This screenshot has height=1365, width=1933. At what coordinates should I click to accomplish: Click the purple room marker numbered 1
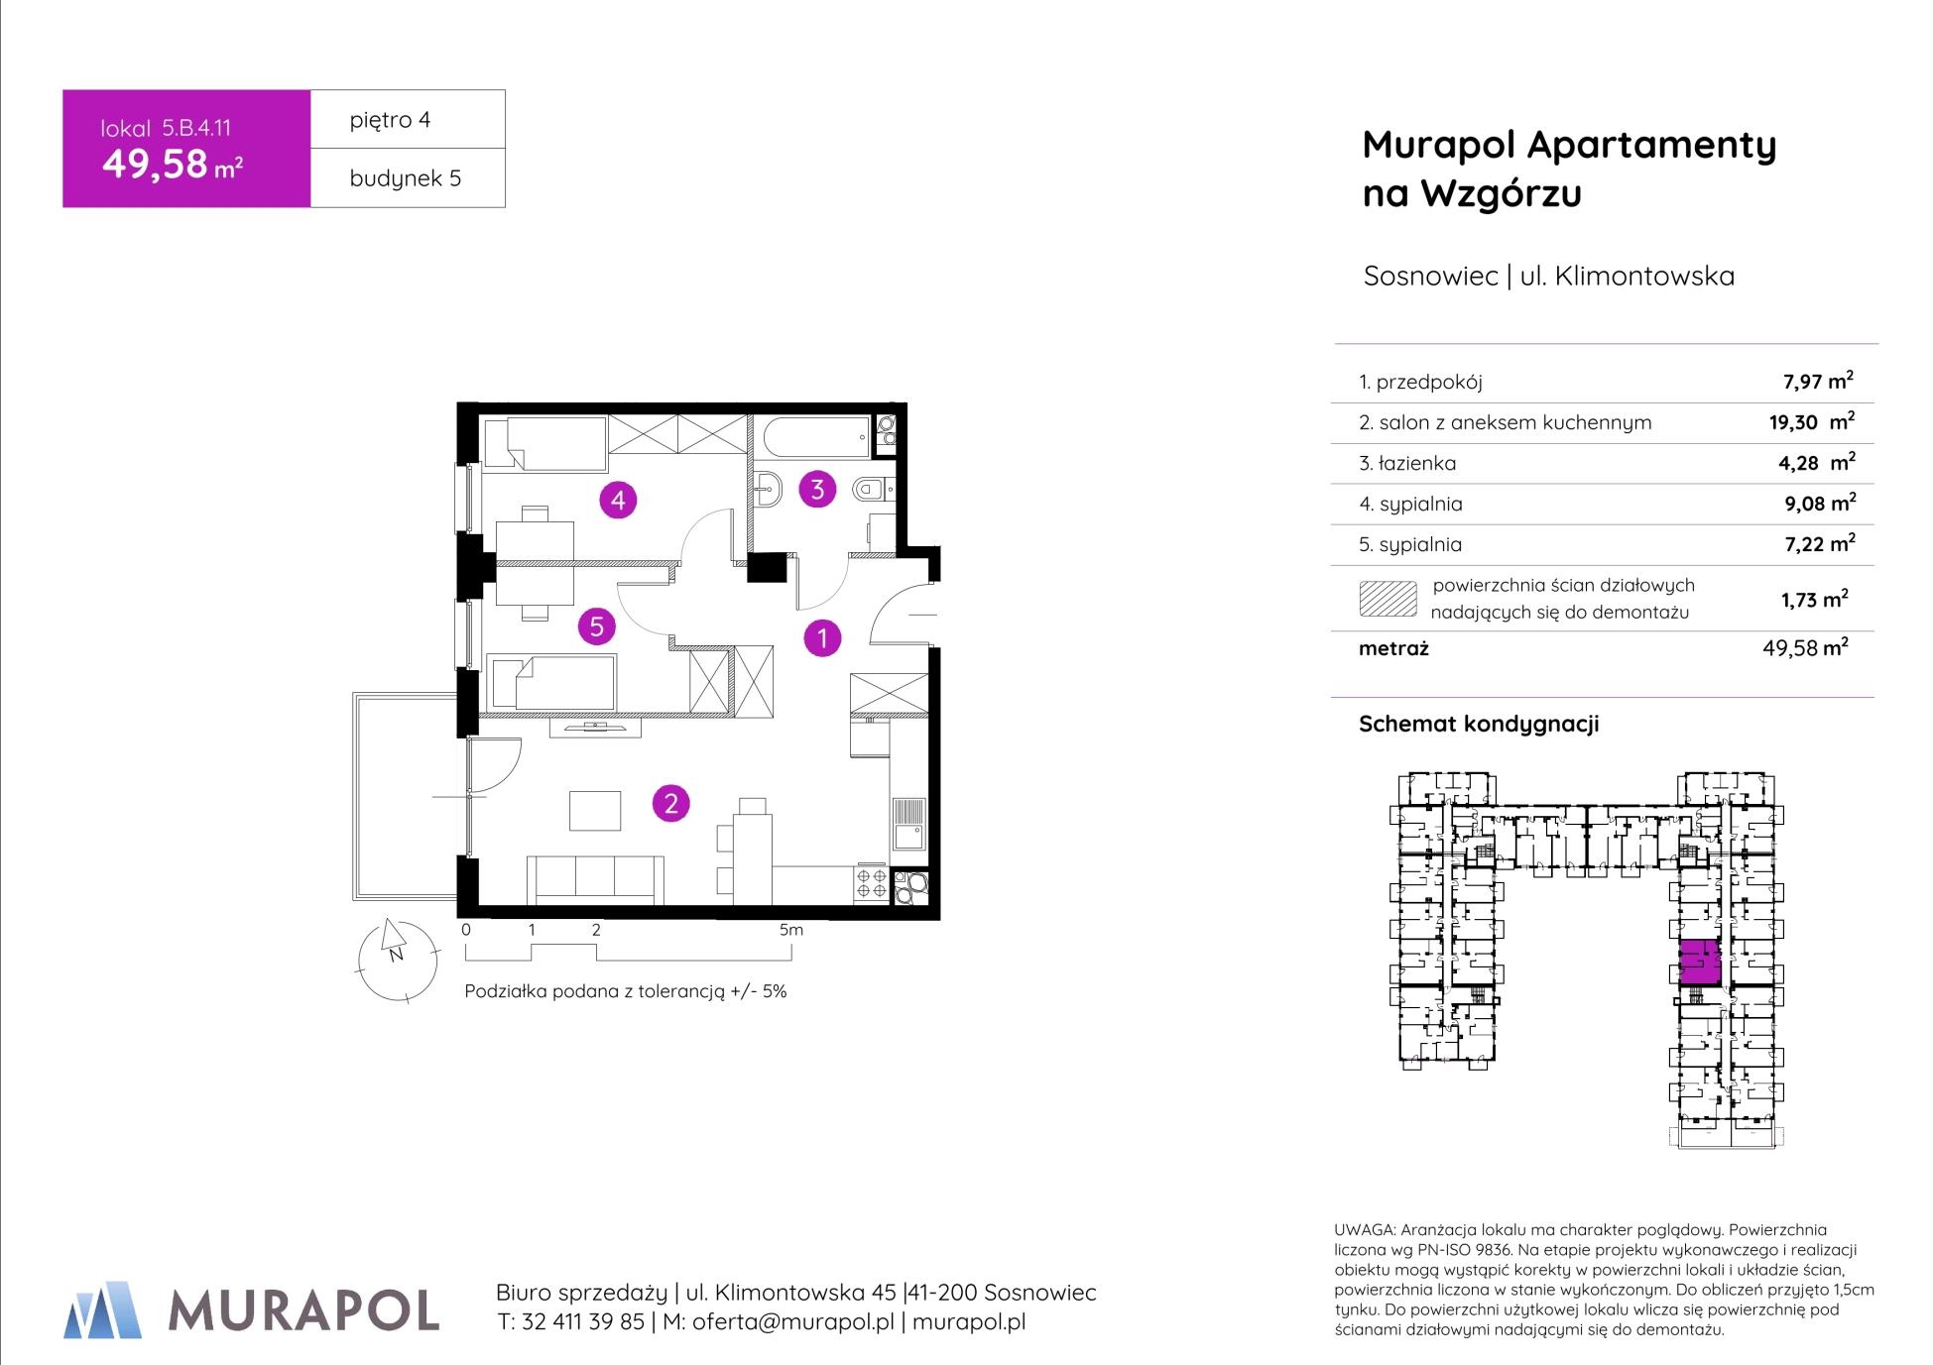pyautogui.click(x=822, y=638)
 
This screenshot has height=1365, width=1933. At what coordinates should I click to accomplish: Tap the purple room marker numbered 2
pyautogui.click(x=670, y=803)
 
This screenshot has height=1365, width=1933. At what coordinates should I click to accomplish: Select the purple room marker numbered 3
pyautogui.click(x=817, y=489)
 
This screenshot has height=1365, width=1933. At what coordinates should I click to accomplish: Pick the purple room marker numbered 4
pyautogui.click(x=618, y=501)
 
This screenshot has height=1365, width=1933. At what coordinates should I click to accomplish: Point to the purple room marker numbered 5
pyautogui.click(x=597, y=626)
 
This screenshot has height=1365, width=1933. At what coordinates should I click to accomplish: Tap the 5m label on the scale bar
pyautogui.click(x=790, y=930)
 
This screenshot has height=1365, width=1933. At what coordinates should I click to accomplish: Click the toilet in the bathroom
pyautogui.click(x=872, y=488)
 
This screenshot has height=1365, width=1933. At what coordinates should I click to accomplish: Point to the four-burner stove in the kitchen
pyautogui.click(x=872, y=884)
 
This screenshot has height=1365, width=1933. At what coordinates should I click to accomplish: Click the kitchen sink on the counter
pyautogui.click(x=908, y=823)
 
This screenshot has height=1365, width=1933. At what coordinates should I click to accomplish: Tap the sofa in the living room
pyautogui.click(x=595, y=879)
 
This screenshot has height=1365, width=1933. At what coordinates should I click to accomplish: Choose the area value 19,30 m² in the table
pyautogui.click(x=1811, y=421)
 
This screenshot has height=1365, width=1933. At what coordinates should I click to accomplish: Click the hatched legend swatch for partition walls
pyautogui.click(x=1388, y=598)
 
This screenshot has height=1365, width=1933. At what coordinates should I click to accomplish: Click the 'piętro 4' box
pyautogui.click(x=408, y=119)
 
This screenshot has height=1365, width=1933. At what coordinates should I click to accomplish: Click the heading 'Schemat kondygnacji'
pyautogui.click(x=1479, y=724)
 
